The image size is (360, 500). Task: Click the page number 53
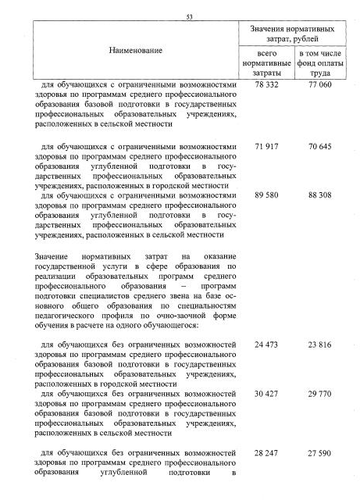click(x=190, y=16)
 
